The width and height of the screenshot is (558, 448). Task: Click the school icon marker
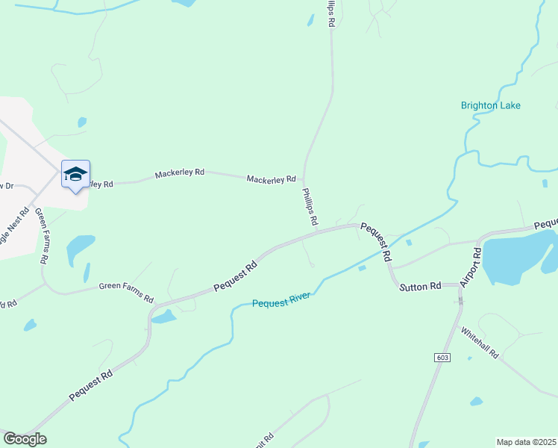tap(75, 175)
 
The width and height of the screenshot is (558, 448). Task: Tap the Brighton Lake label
tap(490, 105)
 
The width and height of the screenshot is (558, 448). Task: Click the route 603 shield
tap(442, 358)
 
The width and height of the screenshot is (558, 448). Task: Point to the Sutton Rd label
tap(420, 286)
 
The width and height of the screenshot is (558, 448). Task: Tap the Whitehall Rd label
tap(479, 343)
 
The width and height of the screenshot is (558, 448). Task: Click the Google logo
tap(25, 439)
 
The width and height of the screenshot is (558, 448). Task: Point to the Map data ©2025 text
tap(527, 442)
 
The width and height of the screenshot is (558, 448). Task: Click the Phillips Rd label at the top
tap(328, 14)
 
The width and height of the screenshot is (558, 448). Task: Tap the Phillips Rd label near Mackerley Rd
tap(310, 207)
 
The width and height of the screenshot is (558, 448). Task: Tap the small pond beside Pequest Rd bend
tap(163, 318)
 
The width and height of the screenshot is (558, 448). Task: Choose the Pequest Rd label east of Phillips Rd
tap(377, 241)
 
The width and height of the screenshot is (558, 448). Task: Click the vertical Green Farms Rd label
tap(42, 236)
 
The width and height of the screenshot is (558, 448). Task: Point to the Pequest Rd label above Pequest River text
tap(235, 276)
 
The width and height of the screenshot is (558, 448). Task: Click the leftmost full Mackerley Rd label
tap(179, 173)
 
